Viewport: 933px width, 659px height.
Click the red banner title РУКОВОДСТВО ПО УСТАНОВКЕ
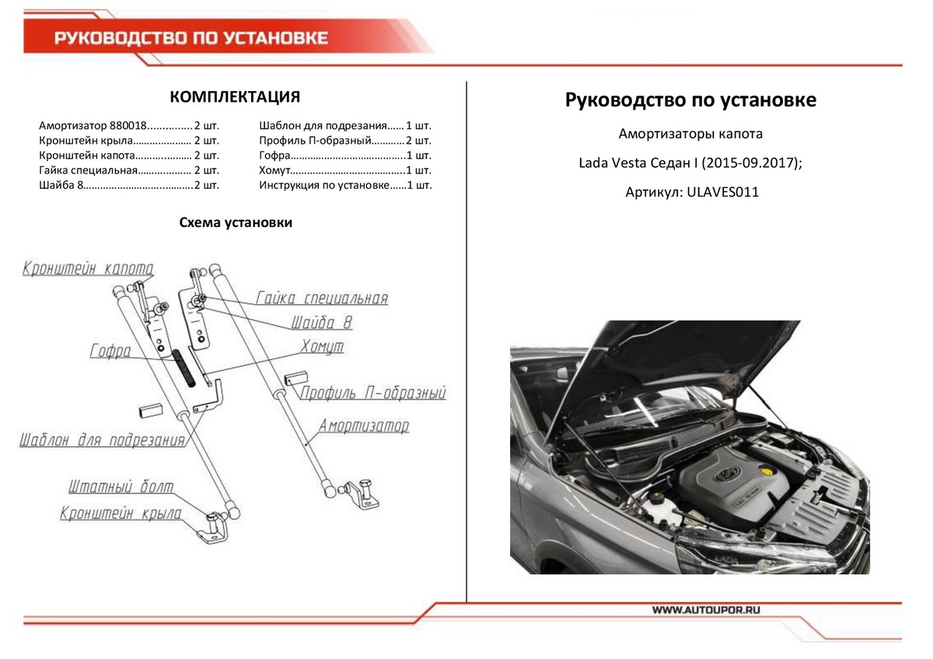191,38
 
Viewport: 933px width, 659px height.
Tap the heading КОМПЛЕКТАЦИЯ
235,97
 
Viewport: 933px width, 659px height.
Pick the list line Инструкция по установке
323,185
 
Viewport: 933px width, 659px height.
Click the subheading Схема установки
236,223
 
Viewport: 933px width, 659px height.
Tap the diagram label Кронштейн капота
88,269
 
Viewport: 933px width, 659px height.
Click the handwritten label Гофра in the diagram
110,350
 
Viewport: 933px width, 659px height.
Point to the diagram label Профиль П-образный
374,393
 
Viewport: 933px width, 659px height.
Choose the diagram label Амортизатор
363,426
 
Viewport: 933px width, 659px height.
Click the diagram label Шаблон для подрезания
103,441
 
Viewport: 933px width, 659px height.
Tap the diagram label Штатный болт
121,487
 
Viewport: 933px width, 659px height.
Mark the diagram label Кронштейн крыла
121,514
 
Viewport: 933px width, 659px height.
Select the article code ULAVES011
723,192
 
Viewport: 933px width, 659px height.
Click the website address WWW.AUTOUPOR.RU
705,611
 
